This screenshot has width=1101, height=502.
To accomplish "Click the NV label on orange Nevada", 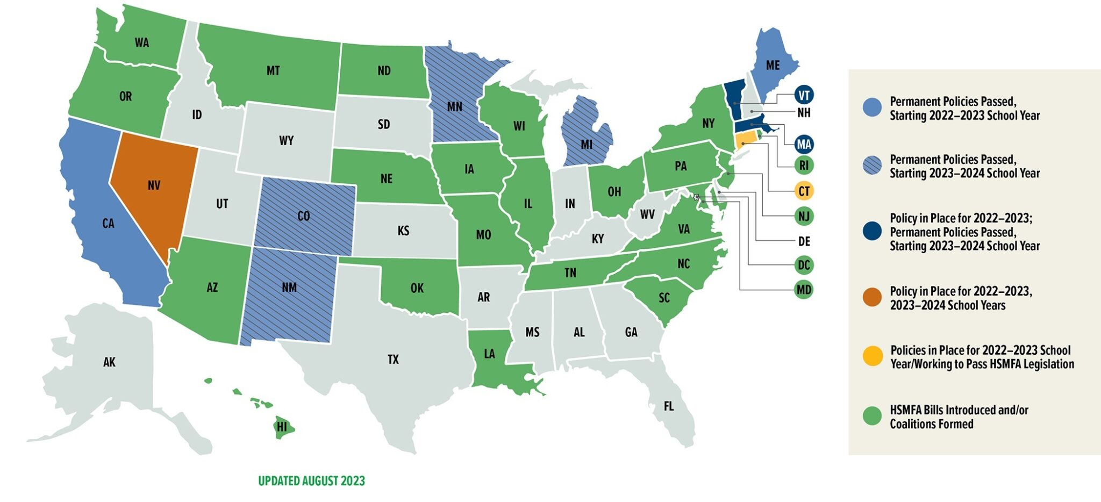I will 154,185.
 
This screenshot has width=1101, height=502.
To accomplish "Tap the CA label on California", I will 108,223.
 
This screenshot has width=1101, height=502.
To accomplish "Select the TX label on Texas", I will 393,360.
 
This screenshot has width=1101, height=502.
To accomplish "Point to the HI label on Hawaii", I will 282,428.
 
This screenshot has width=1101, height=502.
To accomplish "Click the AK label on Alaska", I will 109,362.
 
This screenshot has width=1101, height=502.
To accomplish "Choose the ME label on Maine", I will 773,65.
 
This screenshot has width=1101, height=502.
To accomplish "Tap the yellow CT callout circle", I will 804,191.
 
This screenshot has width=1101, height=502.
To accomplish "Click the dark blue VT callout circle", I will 804,96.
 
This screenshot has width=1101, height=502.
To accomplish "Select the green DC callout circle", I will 804,265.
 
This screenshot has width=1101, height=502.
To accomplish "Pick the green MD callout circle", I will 804,290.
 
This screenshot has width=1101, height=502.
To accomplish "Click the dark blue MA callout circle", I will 804,144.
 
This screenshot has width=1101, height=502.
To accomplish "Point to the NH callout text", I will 804,113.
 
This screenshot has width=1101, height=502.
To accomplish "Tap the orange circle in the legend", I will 872,297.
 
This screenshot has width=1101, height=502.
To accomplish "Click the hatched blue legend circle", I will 872,166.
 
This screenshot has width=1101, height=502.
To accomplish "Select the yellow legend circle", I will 872,356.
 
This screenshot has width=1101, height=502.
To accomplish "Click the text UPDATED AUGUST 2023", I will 311,481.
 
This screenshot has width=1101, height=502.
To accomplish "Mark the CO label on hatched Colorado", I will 303,216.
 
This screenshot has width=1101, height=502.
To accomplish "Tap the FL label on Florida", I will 668,406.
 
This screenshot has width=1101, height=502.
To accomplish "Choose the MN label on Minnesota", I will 454,106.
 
